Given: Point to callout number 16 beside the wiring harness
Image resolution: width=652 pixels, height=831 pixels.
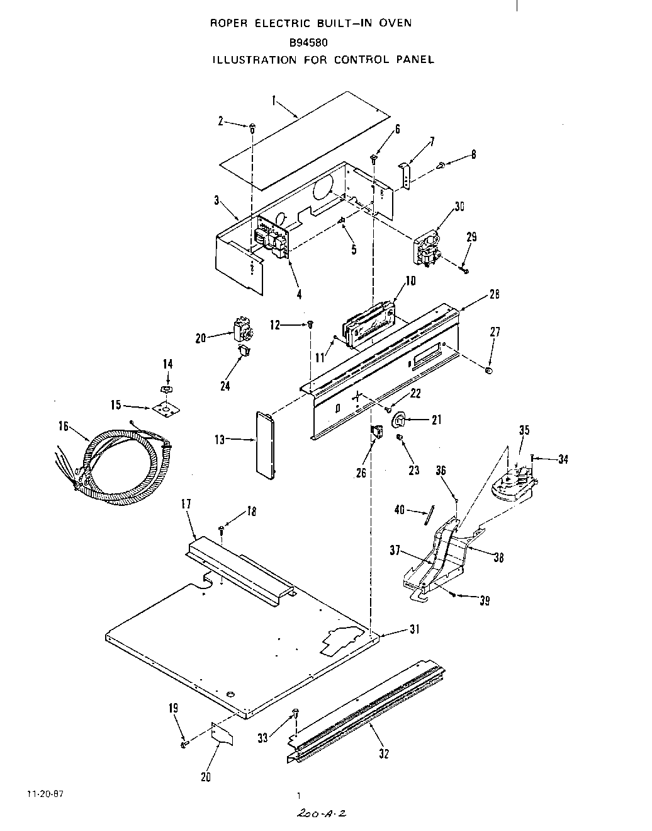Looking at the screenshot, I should point(63,427).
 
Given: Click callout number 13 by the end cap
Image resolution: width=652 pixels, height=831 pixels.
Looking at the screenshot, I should point(220,440).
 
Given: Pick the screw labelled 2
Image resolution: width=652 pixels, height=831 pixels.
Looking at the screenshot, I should point(252,127).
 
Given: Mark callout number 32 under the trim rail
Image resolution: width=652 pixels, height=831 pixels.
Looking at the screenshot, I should point(385,754).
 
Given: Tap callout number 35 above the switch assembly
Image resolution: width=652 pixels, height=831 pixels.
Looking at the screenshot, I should point(524,431).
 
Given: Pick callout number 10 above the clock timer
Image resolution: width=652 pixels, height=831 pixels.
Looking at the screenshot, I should point(410,280).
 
